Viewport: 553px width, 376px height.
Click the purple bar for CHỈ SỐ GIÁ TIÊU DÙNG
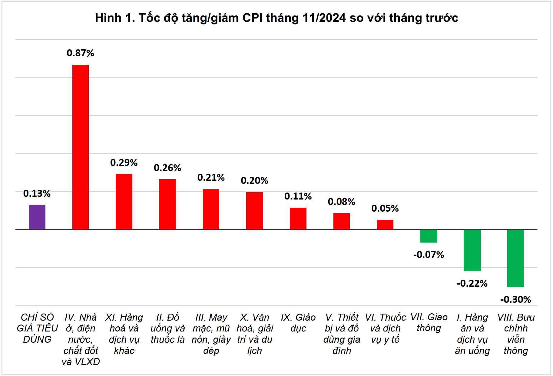tap(37, 217)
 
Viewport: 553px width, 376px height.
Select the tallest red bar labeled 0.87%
tap(81, 147)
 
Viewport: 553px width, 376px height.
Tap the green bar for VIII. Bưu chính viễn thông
tap(515, 258)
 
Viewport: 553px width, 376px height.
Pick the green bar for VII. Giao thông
tap(429, 236)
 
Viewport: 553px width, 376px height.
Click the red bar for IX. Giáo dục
tap(298, 218)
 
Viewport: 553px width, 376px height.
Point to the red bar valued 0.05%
tap(385, 224)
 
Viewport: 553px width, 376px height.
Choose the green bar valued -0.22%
tap(472, 250)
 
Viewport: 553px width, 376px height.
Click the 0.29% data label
tap(124, 163)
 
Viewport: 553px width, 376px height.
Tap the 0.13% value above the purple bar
tap(37, 193)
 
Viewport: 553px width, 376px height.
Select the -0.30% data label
tap(515, 299)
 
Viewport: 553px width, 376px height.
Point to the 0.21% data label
tap(211, 177)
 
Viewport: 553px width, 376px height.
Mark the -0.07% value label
tap(429, 255)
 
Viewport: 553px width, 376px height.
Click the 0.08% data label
tap(341, 202)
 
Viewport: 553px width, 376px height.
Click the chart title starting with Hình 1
tap(276, 18)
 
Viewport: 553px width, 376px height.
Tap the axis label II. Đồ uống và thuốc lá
tap(167, 328)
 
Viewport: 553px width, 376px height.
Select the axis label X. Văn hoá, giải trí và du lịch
tap(254, 334)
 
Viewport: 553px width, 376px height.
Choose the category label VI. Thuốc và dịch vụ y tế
tap(385, 328)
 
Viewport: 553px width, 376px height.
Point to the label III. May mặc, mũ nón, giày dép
tap(211, 334)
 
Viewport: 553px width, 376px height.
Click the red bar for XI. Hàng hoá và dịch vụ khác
tap(124, 202)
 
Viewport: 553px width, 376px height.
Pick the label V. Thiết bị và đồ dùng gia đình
tap(342, 334)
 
